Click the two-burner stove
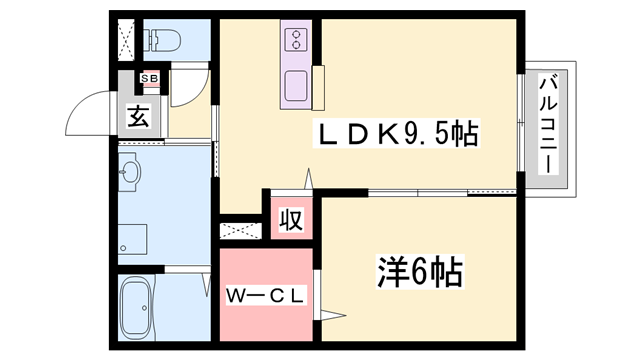coord(298,41)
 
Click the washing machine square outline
coord(132,239)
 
